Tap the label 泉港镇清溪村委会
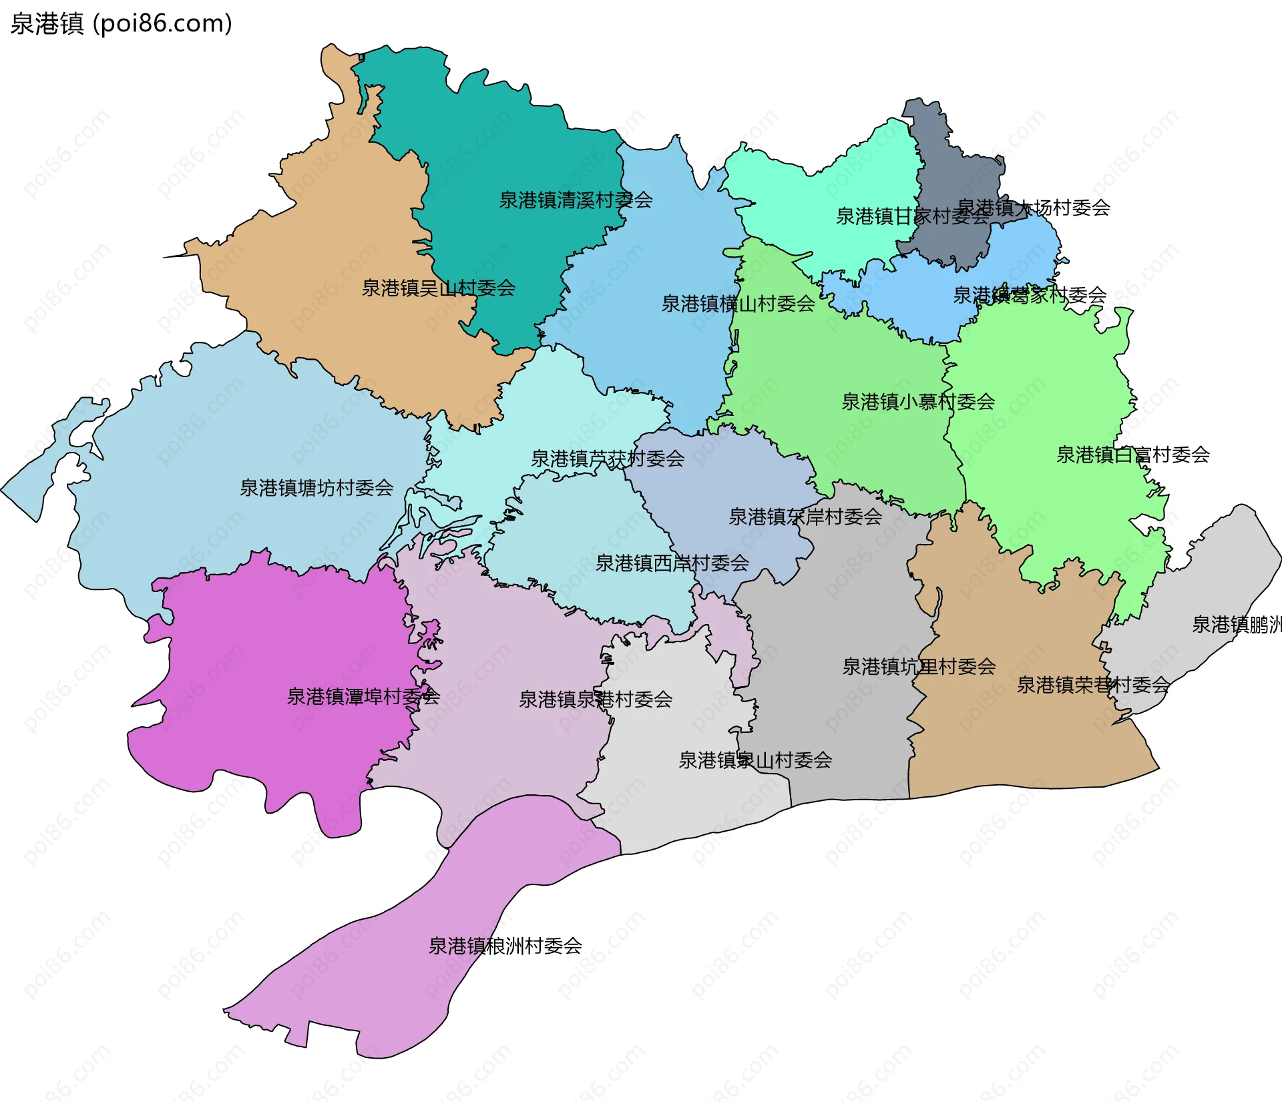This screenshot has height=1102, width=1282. [x=576, y=200]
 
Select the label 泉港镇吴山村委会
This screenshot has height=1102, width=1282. [x=438, y=288]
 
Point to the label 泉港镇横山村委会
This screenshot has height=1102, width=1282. [x=738, y=304]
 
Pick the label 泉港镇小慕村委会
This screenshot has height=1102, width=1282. [x=917, y=402]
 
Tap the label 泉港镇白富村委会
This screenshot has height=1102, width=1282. [x=1132, y=455]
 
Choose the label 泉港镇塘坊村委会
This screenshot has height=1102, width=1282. [x=316, y=488]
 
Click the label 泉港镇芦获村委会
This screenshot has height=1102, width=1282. [x=607, y=459]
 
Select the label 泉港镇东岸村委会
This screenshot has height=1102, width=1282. [x=805, y=517]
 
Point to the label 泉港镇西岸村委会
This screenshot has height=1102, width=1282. [x=672, y=563]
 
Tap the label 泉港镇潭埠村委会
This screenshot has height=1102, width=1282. [x=363, y=697]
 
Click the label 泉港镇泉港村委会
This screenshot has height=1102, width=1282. [x=595, y=700]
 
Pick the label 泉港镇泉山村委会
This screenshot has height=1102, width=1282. [x=755, y=760]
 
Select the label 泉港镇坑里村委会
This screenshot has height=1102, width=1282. [x=919, y=667]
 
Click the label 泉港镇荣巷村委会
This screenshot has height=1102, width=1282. [x=1092, y=685]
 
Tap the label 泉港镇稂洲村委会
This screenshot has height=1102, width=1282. [x=505, y=946]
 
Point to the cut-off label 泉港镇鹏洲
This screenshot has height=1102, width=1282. [x=1236, y=625]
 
